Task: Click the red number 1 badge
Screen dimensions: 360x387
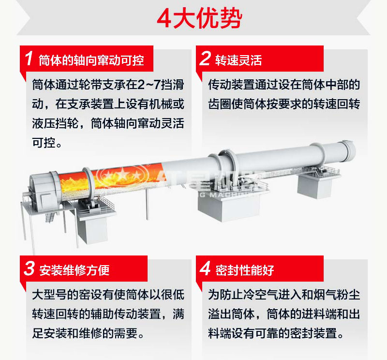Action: [29, 59]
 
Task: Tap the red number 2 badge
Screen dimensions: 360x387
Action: [205, 59]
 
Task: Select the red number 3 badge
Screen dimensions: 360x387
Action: [29, 269]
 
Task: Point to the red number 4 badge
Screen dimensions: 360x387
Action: [205, 269]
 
